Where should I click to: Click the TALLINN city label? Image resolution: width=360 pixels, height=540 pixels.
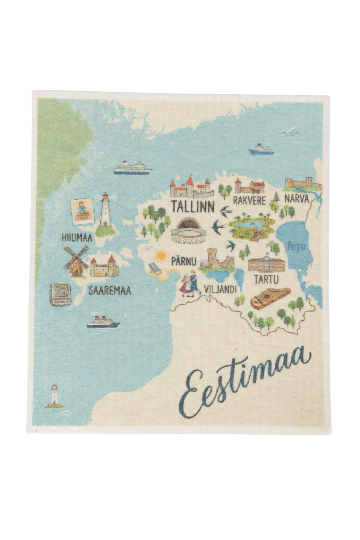[x=193, y=207]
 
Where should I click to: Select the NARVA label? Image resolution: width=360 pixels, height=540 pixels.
[x=297, y=198]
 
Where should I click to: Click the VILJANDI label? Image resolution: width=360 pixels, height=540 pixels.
[x=220, y=289]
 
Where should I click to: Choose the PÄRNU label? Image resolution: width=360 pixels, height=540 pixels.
[x=184, y=261]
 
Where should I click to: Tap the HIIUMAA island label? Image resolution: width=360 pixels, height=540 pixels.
[x=77, y=238]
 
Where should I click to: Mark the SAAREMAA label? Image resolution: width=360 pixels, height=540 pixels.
[x=109, y=291]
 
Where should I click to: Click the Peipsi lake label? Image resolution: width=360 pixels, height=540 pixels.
[x=297, y=247]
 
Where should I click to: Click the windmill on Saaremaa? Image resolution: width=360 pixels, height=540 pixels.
[x=76, y=261]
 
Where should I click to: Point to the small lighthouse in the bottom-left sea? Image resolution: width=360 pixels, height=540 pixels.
[x=54, y=396]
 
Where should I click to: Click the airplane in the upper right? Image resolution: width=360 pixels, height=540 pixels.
[x=290, y=131]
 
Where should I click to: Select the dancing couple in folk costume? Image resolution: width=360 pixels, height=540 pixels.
[x=190, y=284]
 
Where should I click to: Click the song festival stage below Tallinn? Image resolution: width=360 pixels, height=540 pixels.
[x=189, y=231]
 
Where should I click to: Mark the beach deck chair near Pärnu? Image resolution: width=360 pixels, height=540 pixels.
[x=154, y=268]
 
